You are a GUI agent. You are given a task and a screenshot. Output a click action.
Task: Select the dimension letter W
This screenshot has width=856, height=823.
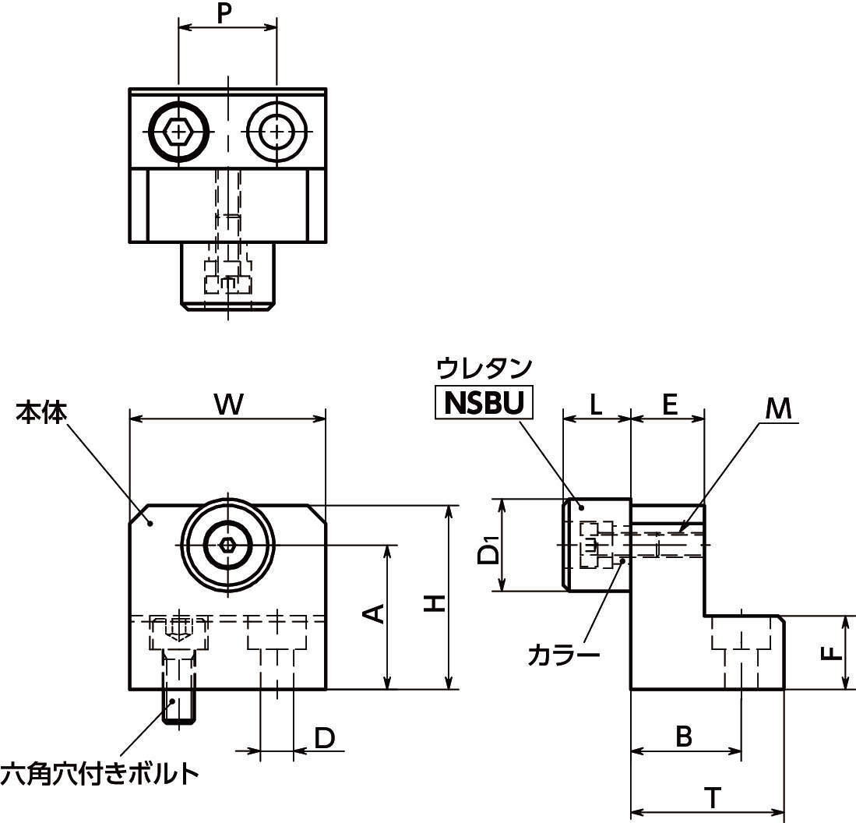pos(227,404)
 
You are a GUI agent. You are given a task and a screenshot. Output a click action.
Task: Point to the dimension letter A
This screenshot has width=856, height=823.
pos(375,613)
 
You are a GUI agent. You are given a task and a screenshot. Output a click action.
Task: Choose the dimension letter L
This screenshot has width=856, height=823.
pos(596,404)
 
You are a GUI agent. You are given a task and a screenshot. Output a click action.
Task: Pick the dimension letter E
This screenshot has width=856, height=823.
pos(669,404)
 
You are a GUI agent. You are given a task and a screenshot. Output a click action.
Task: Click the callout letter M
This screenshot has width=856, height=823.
pos(777,407)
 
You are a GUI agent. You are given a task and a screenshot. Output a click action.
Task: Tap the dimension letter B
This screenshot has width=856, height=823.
pos(684,736)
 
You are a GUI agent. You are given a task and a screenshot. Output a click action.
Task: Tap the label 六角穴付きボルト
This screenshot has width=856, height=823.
pos(99,775)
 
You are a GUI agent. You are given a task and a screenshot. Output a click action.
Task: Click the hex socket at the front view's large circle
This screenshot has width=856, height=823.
pos(227,545)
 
